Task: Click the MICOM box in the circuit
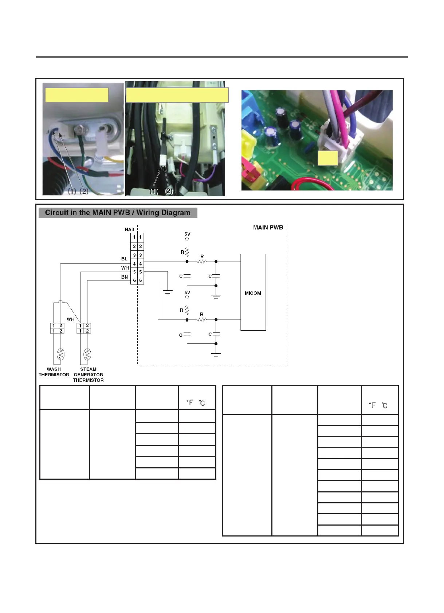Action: (253, 292)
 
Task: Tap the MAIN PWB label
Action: (268, 227)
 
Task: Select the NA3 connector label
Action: (129, 229)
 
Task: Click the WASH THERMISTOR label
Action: (54, 372)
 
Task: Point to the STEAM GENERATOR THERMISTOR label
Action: (88, 374)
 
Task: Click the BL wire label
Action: (124, 259)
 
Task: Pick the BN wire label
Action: (125, 277)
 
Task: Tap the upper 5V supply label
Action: (187, 234)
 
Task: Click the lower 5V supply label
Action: (187, 292)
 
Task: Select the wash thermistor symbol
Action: (60, 354)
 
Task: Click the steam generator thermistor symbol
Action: (87, 354)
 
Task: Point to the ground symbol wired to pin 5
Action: (168, 292)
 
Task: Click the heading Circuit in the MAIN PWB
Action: (118, 213)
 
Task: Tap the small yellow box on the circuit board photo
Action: (327, 158)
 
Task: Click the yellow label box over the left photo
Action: (76, 95)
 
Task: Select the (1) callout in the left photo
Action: (72, 191)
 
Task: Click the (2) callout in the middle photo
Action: (169, 191)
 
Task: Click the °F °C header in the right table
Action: (378, 405)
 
